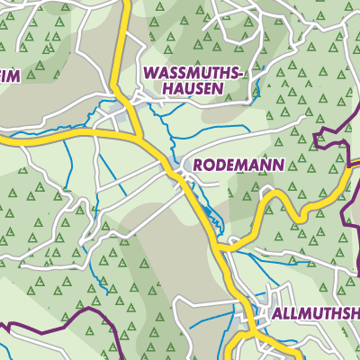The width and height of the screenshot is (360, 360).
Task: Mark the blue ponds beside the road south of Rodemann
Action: [211, 217]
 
